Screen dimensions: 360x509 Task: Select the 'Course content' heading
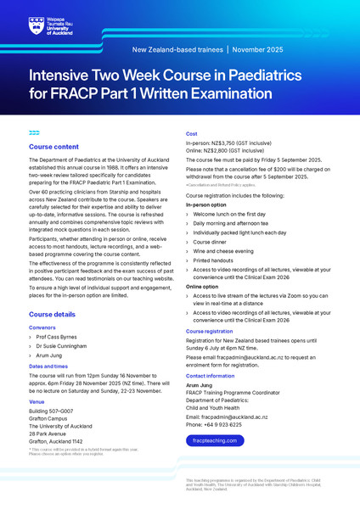(55, 148)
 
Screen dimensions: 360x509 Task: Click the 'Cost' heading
(192, 134)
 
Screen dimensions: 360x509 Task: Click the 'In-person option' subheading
(209, 204)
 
